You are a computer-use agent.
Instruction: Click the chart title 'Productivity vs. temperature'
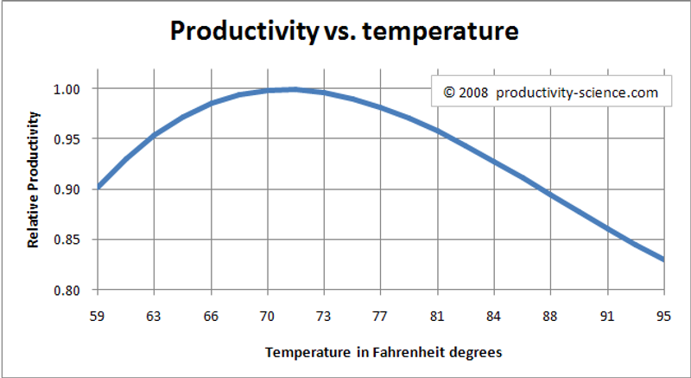tap(344, 32)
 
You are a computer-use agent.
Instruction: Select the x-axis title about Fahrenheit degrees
tap(384, 352)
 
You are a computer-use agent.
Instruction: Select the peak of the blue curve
tap(294, 89)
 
